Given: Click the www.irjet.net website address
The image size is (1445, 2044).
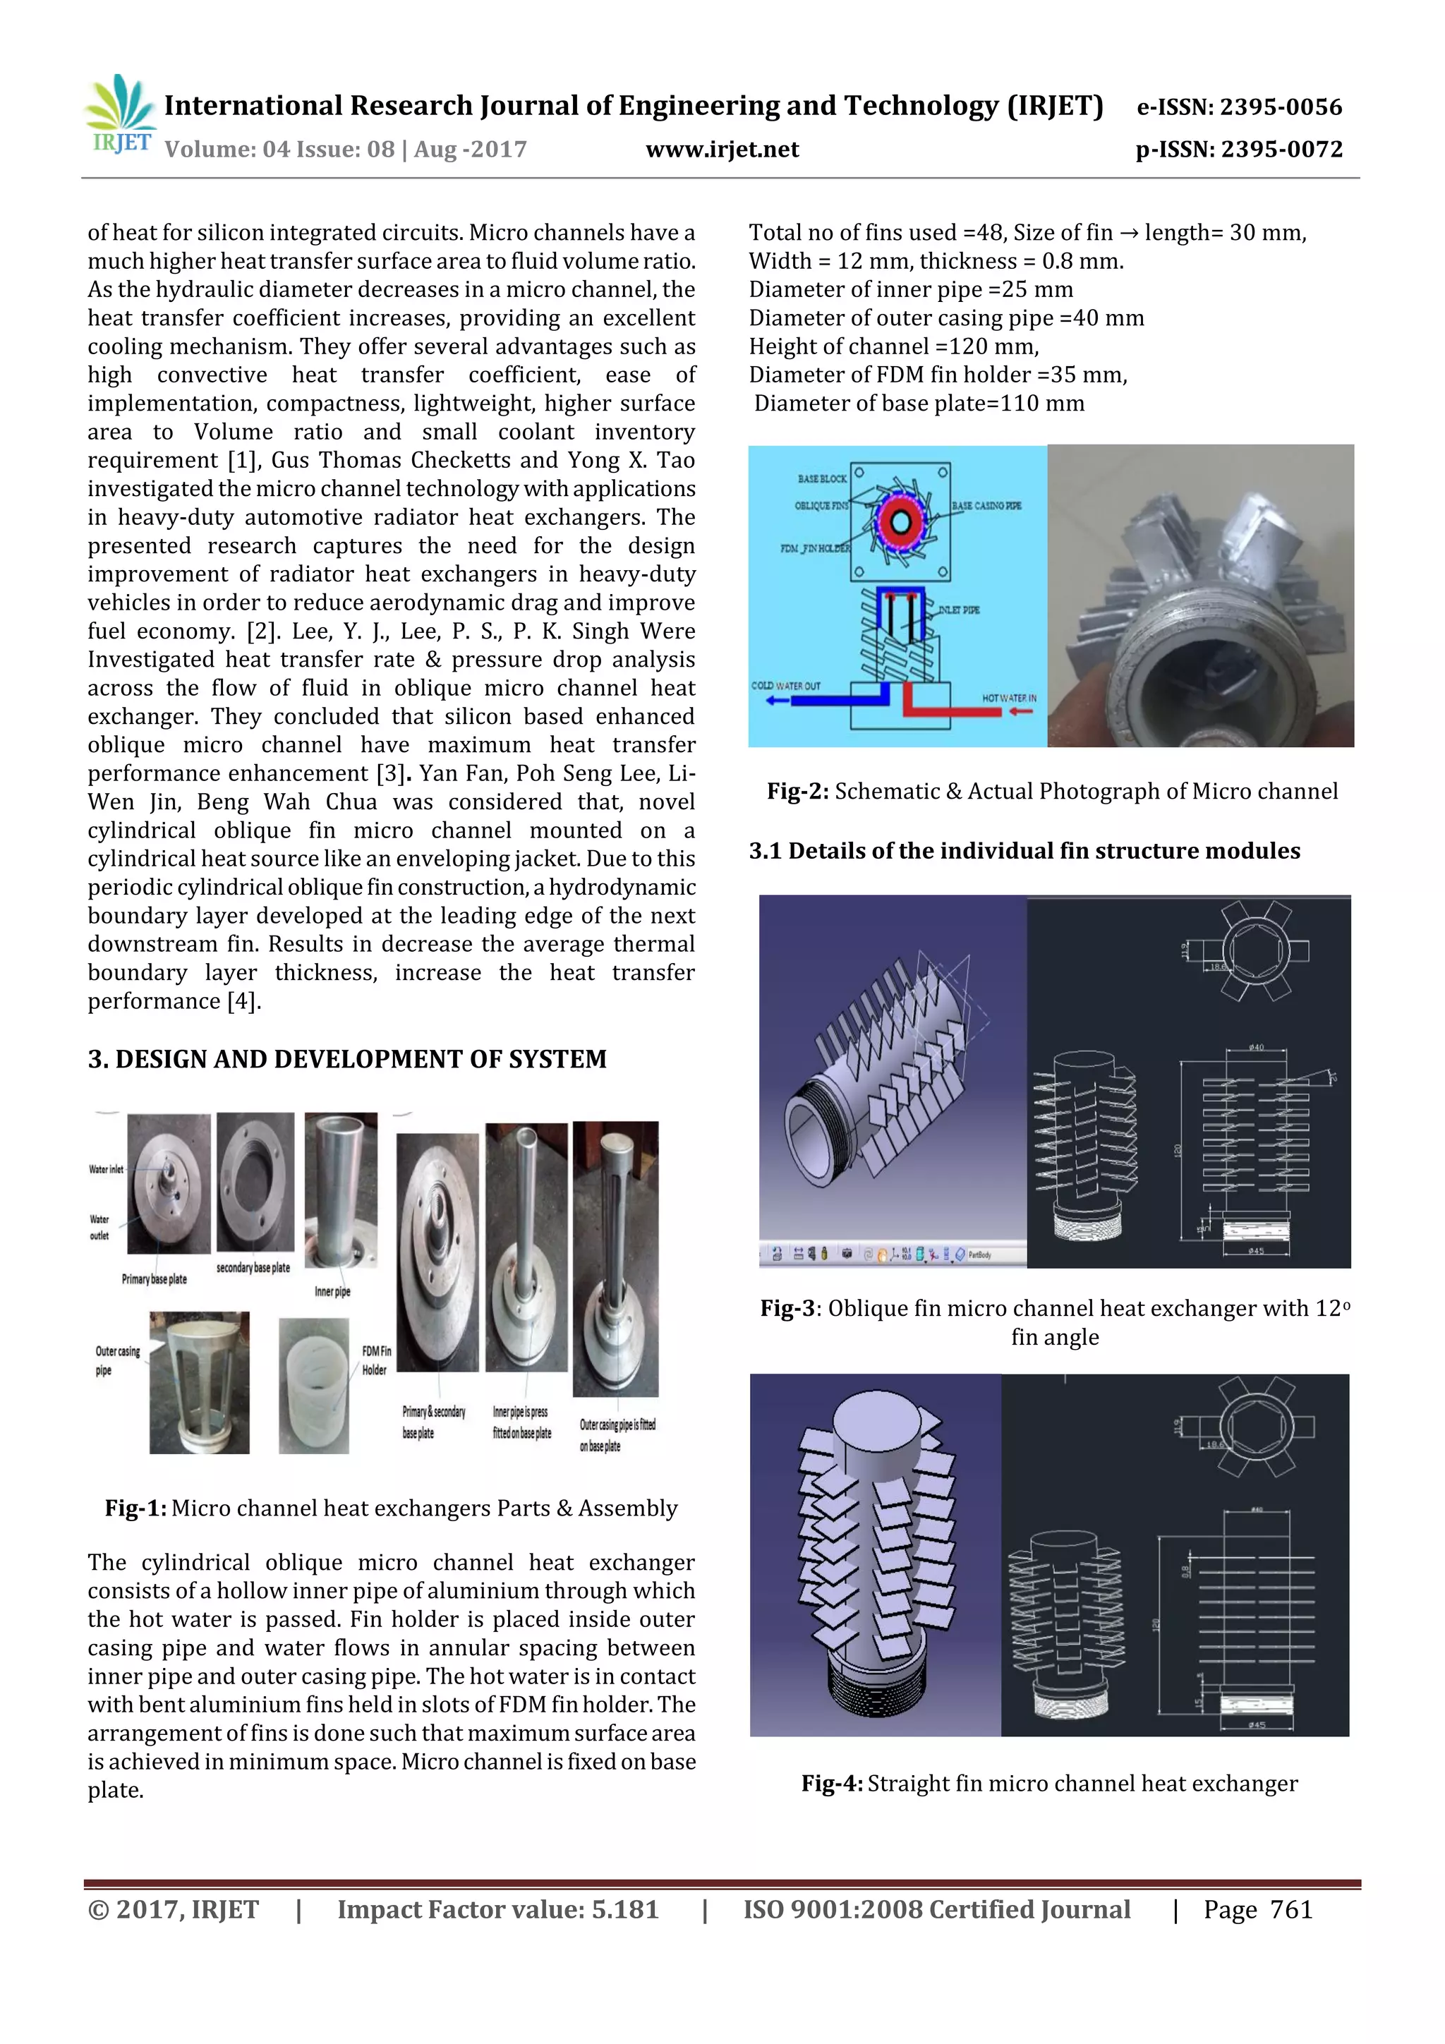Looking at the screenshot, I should point(722,150).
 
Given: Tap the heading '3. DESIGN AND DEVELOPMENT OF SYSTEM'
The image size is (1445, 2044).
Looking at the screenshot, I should point(346,1058).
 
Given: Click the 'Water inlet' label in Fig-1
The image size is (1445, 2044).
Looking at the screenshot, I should point(106,1169).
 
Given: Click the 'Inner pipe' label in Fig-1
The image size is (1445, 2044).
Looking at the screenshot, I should point(332,1291).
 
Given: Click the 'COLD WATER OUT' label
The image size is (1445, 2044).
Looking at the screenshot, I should point(785,686).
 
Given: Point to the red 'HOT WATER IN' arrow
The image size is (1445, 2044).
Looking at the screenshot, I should point(1020,711).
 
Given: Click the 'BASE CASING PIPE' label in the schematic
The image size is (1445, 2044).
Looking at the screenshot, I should point(986,506).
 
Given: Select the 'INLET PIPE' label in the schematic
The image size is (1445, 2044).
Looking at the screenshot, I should point(958,610).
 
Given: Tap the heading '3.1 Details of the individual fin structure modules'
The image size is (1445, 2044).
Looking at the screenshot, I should point(1024,851).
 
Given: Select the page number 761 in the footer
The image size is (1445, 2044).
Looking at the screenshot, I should point(1291,1909).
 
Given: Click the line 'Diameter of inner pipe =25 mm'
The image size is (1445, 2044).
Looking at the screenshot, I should point(910,289).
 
